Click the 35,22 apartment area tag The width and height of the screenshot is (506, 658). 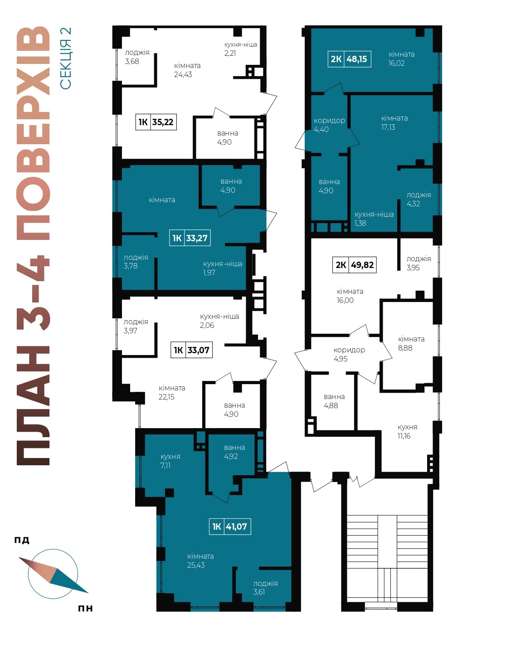[156, 122]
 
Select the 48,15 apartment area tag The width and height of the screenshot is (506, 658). [349, 59]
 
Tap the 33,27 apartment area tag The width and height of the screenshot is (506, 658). [190, 238]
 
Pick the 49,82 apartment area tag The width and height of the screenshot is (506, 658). [355, 265]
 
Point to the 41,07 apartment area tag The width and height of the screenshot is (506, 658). [230, 526]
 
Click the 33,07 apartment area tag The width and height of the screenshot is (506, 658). [192, 350]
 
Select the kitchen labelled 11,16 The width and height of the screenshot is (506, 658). [407, 432]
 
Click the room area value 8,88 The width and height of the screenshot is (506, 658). [405, 348]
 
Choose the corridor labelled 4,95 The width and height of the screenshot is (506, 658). [349, 354]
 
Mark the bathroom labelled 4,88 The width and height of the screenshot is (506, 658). [334, 401]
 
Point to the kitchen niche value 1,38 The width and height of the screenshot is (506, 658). [360, 223]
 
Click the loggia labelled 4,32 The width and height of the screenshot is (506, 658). [418, 199]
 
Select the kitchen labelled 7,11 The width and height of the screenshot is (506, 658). [170, 461]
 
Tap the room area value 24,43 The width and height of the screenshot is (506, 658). [183, 74]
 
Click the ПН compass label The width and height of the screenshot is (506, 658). [85, 608]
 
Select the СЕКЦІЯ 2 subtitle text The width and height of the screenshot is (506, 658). [65, 58]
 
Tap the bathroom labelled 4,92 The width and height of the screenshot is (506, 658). [234, 452]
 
